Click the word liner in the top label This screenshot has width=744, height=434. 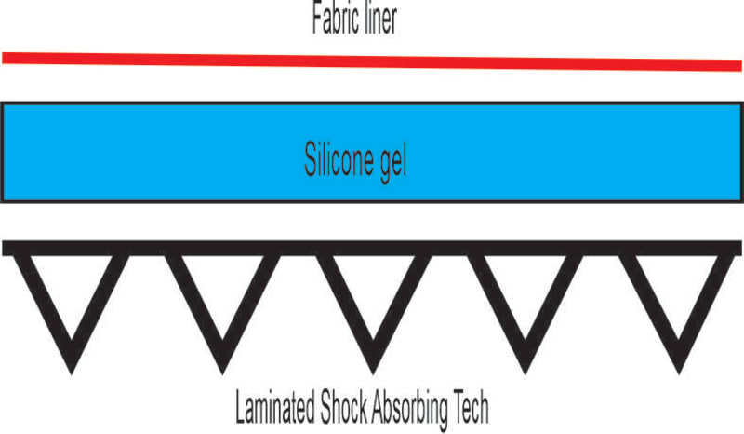379,20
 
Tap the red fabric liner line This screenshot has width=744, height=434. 372,61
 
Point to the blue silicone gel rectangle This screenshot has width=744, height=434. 186,151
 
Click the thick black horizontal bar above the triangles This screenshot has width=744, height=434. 372,248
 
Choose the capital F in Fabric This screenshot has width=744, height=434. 316,20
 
